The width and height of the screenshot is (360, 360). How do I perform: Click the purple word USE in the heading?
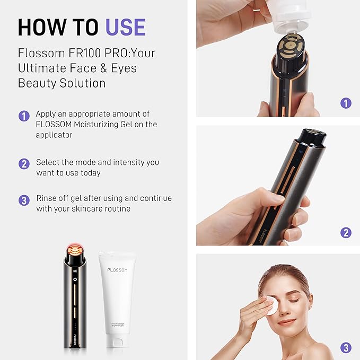tap(125, 27)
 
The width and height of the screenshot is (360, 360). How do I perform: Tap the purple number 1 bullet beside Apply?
tap(24, 116)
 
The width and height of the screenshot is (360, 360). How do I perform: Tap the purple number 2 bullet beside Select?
tap(24, 164)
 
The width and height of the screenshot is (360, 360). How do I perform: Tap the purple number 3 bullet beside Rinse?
tap(24, 200)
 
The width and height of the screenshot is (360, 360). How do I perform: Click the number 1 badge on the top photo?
tap(346, 103)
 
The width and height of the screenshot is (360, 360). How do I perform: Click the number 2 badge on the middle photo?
tap(346, 232)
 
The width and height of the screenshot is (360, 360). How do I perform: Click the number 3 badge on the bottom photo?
tap(346, 348)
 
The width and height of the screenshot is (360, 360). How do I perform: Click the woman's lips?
tap(286, 322)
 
